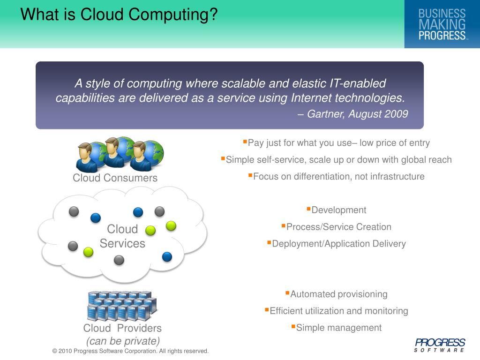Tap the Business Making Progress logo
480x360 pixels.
[x=442, y=24]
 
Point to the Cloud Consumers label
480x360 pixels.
[x=115, y=178]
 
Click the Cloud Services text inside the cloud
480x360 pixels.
[x=122, y=236]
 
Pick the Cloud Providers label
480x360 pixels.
[x=122, y=328]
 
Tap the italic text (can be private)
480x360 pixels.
[x=123, y=341]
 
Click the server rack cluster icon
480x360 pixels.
[x=122, y=305]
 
